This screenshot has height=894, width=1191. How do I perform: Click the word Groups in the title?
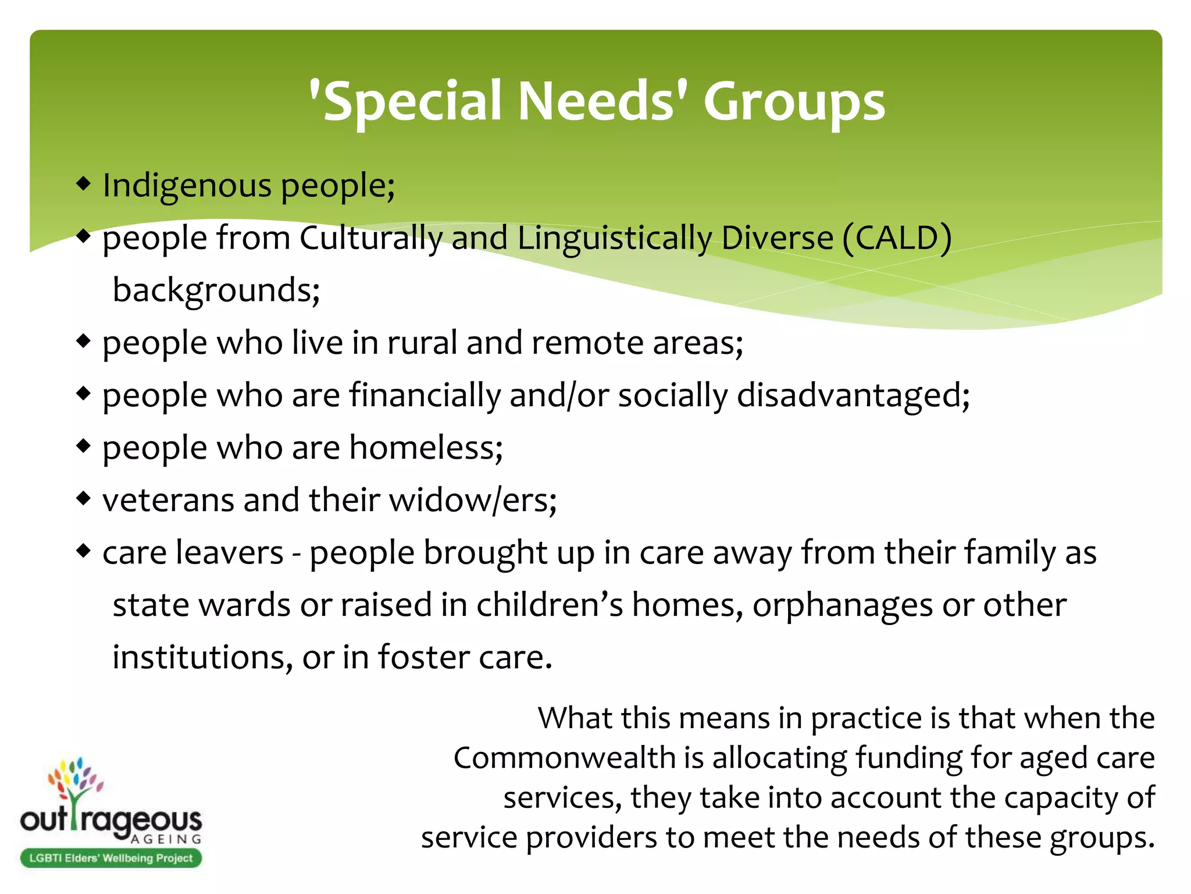point(794,102)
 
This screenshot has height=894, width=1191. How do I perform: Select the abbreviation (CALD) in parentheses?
point(896,238)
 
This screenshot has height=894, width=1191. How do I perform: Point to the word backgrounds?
point(216,290)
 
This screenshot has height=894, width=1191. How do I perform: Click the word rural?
point(422,343)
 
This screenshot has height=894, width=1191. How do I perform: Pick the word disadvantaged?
point(853,396)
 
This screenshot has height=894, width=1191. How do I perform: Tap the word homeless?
point(426,448)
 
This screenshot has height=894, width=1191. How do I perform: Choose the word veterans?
point(168,501)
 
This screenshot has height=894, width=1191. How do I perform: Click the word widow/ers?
point(473,501)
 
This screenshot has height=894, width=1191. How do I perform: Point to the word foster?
point(424,658)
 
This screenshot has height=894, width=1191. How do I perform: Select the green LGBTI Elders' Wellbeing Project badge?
point(111,858)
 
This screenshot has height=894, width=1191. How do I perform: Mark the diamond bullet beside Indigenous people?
point(84,184)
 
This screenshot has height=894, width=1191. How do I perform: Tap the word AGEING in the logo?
point(166,839)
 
